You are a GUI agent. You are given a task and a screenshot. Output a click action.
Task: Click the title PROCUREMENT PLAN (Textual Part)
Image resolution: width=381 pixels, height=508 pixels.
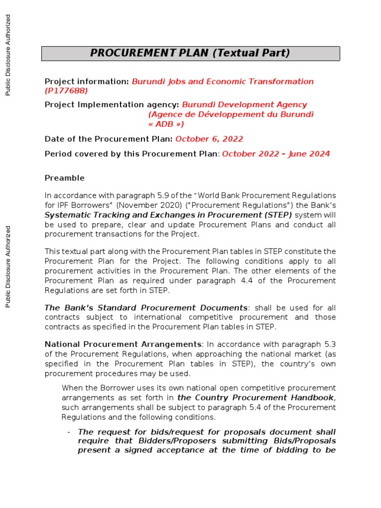pyautogui.click(x=190, y=54)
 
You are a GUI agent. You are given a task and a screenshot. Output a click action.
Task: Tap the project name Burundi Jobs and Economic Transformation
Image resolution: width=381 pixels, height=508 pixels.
pyautogui.click(x=223, y=81)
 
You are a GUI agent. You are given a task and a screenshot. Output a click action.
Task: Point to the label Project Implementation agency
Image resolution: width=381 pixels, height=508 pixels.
pyautogui.click(x=112, y=105)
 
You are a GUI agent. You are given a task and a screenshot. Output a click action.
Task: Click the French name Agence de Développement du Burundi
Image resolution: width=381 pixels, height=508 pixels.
pyautogui.click(x=231, y=115)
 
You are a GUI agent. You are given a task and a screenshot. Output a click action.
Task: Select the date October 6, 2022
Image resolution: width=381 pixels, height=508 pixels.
pyautogui.click(x=209, y=139)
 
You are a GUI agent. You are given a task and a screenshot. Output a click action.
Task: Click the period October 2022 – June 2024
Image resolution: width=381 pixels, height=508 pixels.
pyautogui.click(x=276, y=154)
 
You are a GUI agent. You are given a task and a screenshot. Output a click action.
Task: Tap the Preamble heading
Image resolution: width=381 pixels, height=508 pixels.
pyautogui.click(x=64, y=178)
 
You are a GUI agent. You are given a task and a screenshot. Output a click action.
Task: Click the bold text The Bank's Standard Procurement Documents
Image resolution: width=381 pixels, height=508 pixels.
pyautogui.click(x=146, y=308)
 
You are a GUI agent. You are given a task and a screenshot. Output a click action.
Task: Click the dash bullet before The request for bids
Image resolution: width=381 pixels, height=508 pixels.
pyautogui.click(x=69, y=432)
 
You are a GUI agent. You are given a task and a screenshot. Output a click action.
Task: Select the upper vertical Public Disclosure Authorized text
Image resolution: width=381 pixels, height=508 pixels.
pyautogui.click(x=8, y=55)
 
